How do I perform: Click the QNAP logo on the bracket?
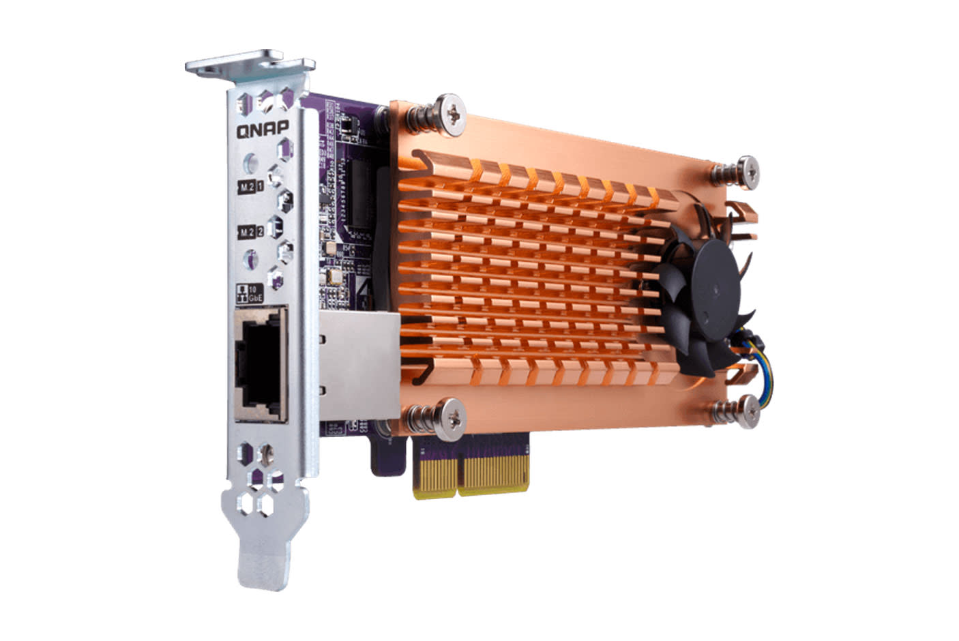tap(263, 130)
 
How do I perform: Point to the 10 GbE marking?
tap(248, 294)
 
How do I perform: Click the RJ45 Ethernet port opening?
tap(259, 364)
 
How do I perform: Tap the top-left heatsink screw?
tap(452, 109)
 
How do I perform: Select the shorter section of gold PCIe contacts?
tap(434, 477)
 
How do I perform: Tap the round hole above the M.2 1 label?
tap(251, 162)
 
